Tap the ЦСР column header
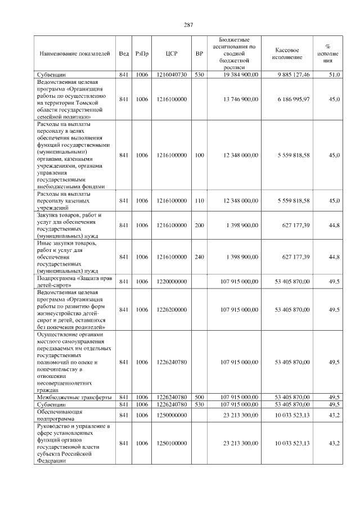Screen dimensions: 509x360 click(172, 53)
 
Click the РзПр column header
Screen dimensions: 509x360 click(142, 53)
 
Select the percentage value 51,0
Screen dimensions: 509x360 click(334, 74)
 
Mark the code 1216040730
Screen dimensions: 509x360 click(172, 74)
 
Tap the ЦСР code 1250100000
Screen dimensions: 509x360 click(172, 444)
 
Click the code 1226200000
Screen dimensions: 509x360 click(172, 309)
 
